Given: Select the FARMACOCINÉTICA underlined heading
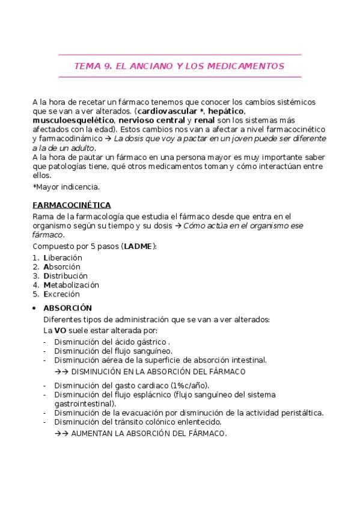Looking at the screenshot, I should tap(71, 205).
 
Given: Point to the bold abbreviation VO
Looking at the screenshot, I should tap(60, 330).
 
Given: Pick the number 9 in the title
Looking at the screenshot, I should tap(102, 66).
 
